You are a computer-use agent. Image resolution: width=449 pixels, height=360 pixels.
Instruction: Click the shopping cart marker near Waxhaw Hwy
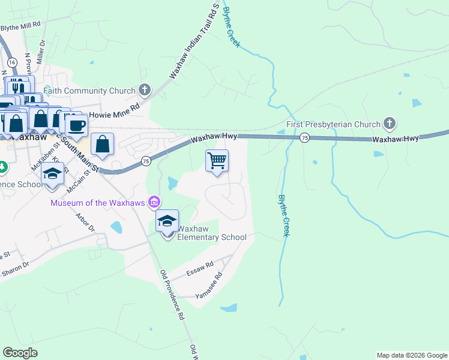(217, 161)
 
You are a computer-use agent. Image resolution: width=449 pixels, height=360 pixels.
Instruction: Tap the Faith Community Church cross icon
(144, 91)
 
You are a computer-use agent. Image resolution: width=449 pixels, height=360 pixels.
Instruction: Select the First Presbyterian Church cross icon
(390, 124)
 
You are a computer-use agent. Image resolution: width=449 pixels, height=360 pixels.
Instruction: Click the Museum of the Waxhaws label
(98, 203)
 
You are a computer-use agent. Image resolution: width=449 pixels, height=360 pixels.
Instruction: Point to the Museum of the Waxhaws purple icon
(154, 202)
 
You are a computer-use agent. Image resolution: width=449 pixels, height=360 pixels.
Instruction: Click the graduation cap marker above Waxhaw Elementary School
(167, 221)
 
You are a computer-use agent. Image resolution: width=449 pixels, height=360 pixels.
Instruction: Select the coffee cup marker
(76, 125)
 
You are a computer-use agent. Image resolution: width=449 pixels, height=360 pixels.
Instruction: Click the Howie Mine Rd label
(114, 114)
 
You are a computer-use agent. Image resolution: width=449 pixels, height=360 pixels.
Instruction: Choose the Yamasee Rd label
(209, 286)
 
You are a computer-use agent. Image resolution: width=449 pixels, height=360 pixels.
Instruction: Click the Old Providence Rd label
(172, 295)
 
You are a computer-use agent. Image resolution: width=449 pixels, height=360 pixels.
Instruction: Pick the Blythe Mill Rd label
(20, 27)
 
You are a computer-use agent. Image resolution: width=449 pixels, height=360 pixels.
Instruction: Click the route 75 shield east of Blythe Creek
(305, 137)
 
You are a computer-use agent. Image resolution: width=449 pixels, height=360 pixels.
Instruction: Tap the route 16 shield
(11, 62)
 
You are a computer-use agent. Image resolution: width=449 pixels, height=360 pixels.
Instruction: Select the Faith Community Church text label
(89, 91)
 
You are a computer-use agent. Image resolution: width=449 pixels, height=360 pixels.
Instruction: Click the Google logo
(20, 353)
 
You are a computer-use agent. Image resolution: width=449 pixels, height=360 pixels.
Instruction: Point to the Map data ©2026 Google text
(411, 355)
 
